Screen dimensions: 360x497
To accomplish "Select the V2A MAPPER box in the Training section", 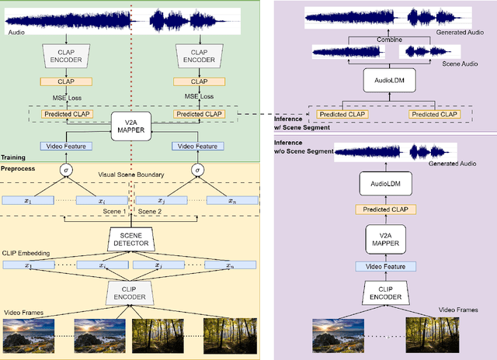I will coord(130,124).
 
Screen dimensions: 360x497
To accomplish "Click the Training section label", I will coord(15,157).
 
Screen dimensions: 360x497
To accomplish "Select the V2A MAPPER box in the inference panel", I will coord(386,237).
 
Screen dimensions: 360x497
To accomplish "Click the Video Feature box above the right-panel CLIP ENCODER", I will coord(386,266).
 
